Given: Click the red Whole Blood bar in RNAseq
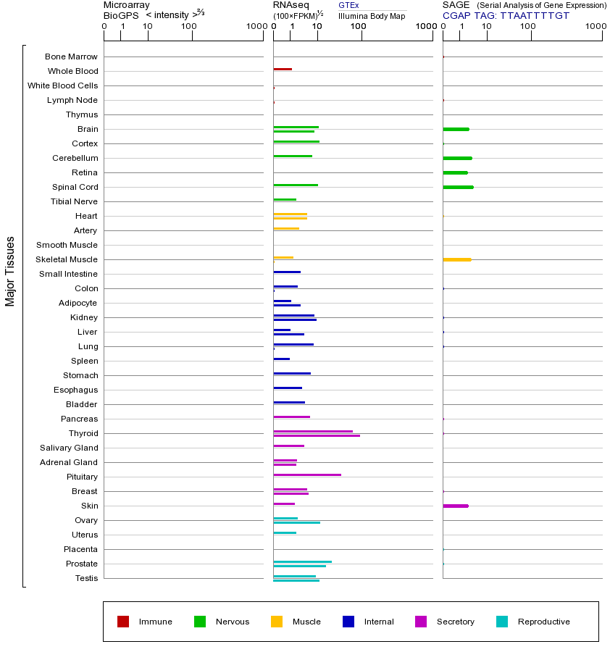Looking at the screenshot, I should [283, 70].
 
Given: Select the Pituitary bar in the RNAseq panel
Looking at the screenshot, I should [307, 475].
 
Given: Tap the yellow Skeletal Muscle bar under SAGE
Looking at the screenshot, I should [456, 259].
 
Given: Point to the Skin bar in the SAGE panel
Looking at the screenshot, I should [456, 506].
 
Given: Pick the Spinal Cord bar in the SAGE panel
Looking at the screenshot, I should [458, 187].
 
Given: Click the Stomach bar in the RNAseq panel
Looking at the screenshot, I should [292, 374].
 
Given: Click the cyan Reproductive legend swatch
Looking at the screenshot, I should [502, 622].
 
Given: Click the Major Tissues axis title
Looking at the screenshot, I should [10, 271].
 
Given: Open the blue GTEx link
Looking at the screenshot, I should [348, 5].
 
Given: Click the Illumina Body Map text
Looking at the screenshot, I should [372, 15].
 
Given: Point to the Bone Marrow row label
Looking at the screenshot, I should [71, 57].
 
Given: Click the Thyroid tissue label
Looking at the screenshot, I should [83, 433].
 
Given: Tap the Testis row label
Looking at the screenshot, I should [86, 578].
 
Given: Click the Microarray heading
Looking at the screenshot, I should [127, 5].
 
